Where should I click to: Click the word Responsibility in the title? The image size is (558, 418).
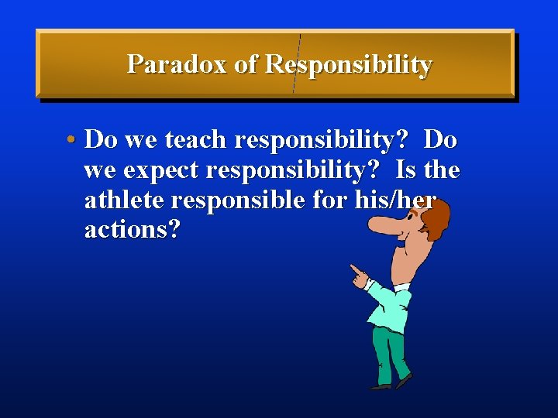tap(348, 65)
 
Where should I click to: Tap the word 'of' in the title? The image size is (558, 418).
tap(245, 64)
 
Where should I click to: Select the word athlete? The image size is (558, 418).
tap(124, 200)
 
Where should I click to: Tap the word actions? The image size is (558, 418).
tap(132, 230)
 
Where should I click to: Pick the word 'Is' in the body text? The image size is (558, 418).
tap(406, 170)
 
